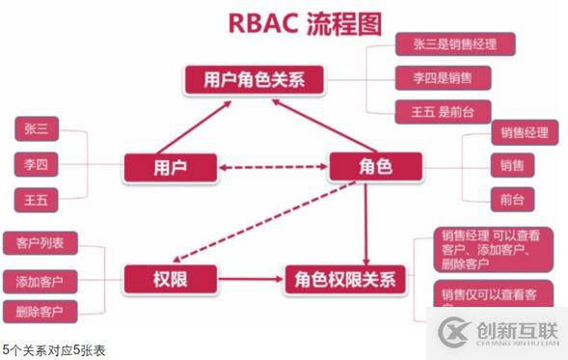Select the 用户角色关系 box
pyautogui.click(x=252, y=79)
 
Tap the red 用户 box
pyautogui.click(x=169, y=167)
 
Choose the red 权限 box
pyautogui.click(x=168, y=281)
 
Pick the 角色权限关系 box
pyautogui.click(x=339, y=281)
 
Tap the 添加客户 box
pyautogui.click(x=40, y=281)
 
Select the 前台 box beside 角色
pyautogui.click(x=512, y=200)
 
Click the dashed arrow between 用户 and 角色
pyautogui.click(x=272, y=168)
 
